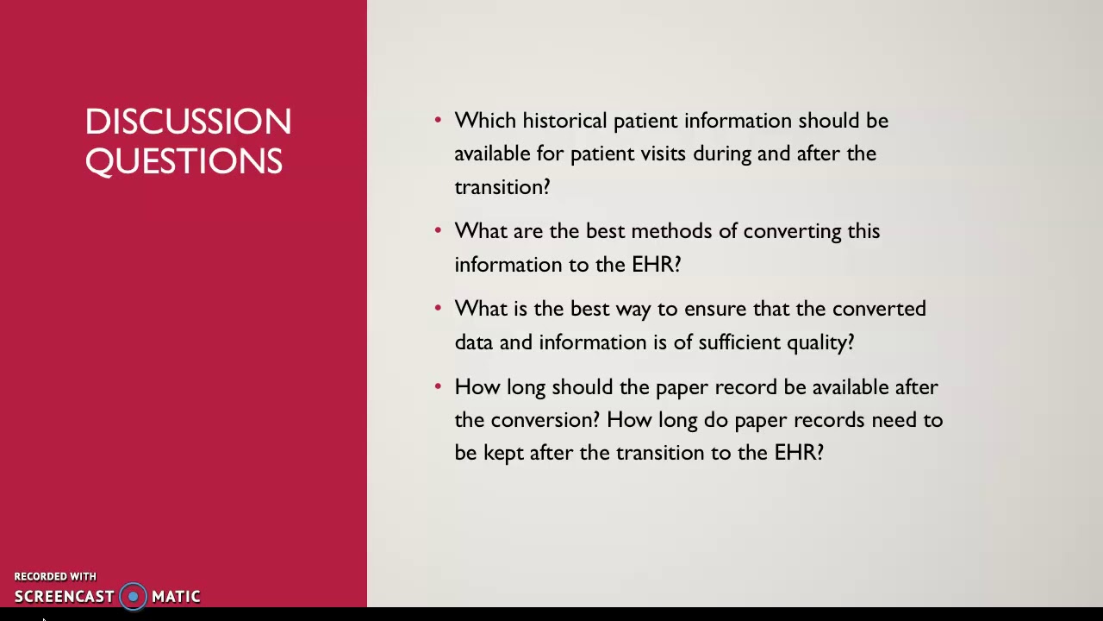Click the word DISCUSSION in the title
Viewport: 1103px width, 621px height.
click(188, 122)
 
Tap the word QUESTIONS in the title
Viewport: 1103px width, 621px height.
click(184, 161)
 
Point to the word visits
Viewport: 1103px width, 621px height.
click(663, 154)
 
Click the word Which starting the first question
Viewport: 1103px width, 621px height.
click(484, 121)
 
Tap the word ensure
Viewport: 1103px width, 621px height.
click(715, 309)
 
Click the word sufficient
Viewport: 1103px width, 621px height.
click(745, 342)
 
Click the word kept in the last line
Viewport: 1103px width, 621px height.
click(503, 453)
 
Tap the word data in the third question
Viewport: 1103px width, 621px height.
click(473, 342)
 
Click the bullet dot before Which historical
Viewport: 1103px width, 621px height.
click(438, 119)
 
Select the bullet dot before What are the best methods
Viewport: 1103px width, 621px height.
click(438, 229)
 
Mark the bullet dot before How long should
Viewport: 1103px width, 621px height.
click(438, 386)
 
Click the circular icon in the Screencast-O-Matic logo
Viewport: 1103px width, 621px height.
click(133, 596)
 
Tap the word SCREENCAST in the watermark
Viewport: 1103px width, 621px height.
click(64, 597)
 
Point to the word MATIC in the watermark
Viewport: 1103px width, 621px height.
click(176, 597)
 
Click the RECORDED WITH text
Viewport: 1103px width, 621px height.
click(55, 576)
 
